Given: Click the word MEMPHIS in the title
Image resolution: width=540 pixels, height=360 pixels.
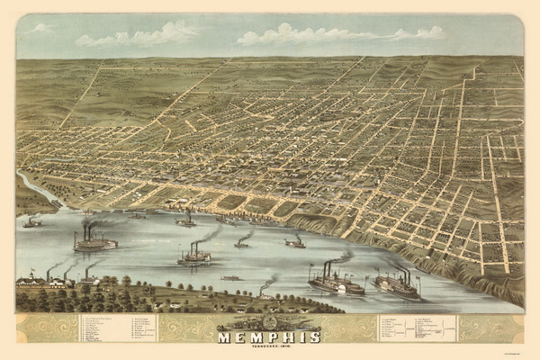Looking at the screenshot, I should (x=269, y=338).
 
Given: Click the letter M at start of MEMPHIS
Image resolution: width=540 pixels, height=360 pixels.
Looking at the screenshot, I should (x=225, y=338).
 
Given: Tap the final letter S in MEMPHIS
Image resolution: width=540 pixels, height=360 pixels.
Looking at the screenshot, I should (x=314, y=338).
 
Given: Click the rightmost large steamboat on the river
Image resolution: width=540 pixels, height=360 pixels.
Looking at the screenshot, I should (x=398, y=286).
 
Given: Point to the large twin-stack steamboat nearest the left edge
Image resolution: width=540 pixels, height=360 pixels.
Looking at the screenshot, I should (x=94, y=242).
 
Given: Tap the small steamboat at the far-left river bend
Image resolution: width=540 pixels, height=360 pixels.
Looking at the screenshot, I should (x=32, y=222).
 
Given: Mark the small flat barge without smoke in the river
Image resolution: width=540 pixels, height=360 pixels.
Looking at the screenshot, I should (x=231, y=278).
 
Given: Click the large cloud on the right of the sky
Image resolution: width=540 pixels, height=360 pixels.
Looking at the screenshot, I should (x=342, y=35).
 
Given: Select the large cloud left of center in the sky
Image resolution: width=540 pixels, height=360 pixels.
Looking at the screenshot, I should (x=139, y=36).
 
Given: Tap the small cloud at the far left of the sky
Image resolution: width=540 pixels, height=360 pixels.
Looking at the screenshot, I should (x=40, y=28).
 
